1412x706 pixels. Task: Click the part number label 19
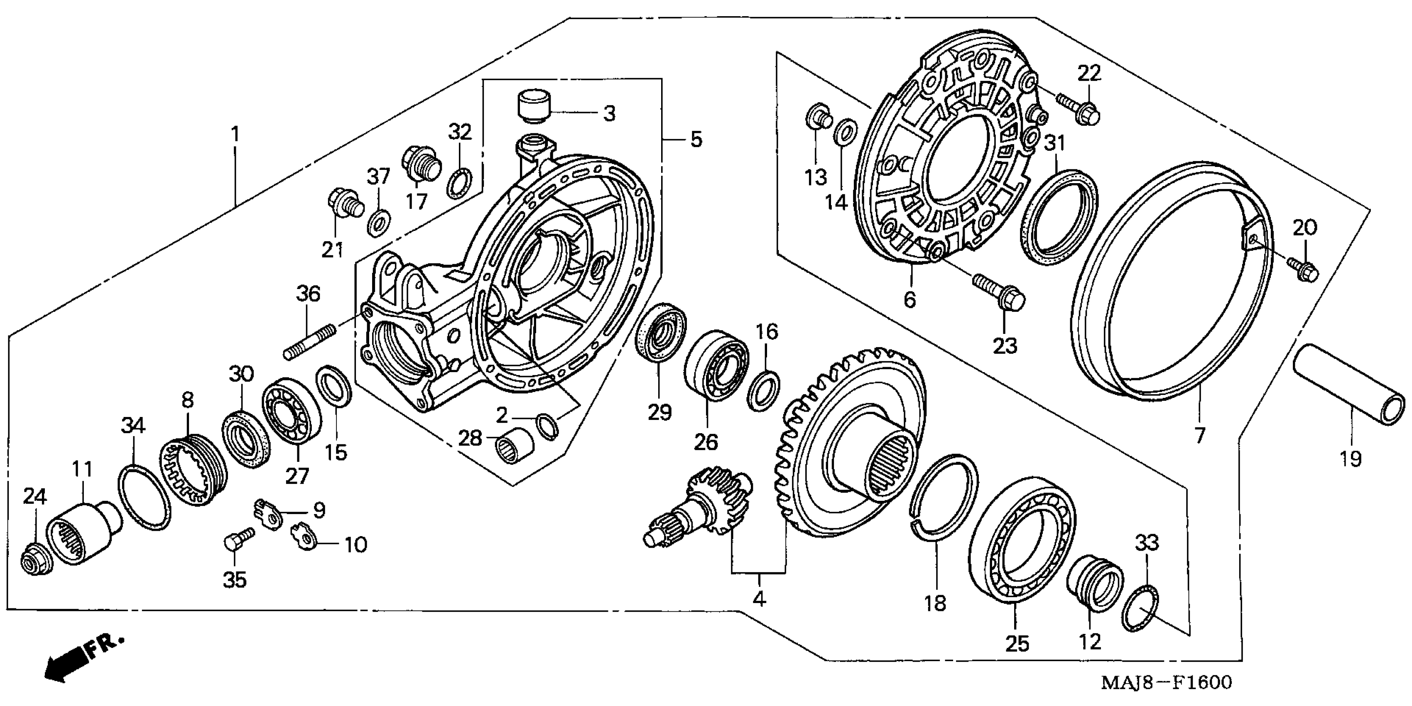[x=1350, y=458]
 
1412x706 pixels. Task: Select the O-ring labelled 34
[x=144, y=497]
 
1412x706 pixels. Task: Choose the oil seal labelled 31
[x=1059, y=217]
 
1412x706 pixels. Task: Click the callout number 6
[x=909, y=300]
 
